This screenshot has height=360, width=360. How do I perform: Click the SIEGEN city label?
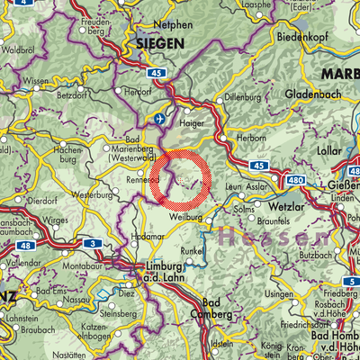pos(161,43)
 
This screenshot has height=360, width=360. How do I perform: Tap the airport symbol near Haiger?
pos(161,118)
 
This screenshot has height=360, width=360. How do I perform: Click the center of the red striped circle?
pos(180,181)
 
